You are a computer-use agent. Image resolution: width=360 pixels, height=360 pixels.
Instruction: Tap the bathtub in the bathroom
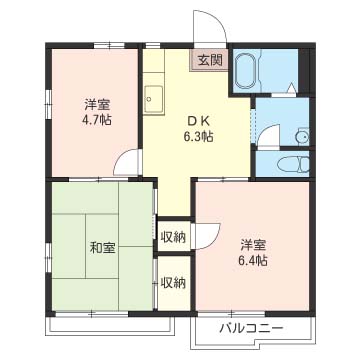coord(245,70)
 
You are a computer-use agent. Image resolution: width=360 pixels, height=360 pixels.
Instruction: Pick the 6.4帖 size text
coord(253,262)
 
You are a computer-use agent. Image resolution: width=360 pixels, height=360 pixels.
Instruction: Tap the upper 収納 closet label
coord(173,237)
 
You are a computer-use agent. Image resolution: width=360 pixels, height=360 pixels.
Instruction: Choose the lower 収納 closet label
coord(173,282)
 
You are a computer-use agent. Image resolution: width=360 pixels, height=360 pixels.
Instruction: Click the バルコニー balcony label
coord(252,328)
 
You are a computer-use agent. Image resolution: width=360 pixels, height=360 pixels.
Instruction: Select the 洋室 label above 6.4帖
coord(253,245)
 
